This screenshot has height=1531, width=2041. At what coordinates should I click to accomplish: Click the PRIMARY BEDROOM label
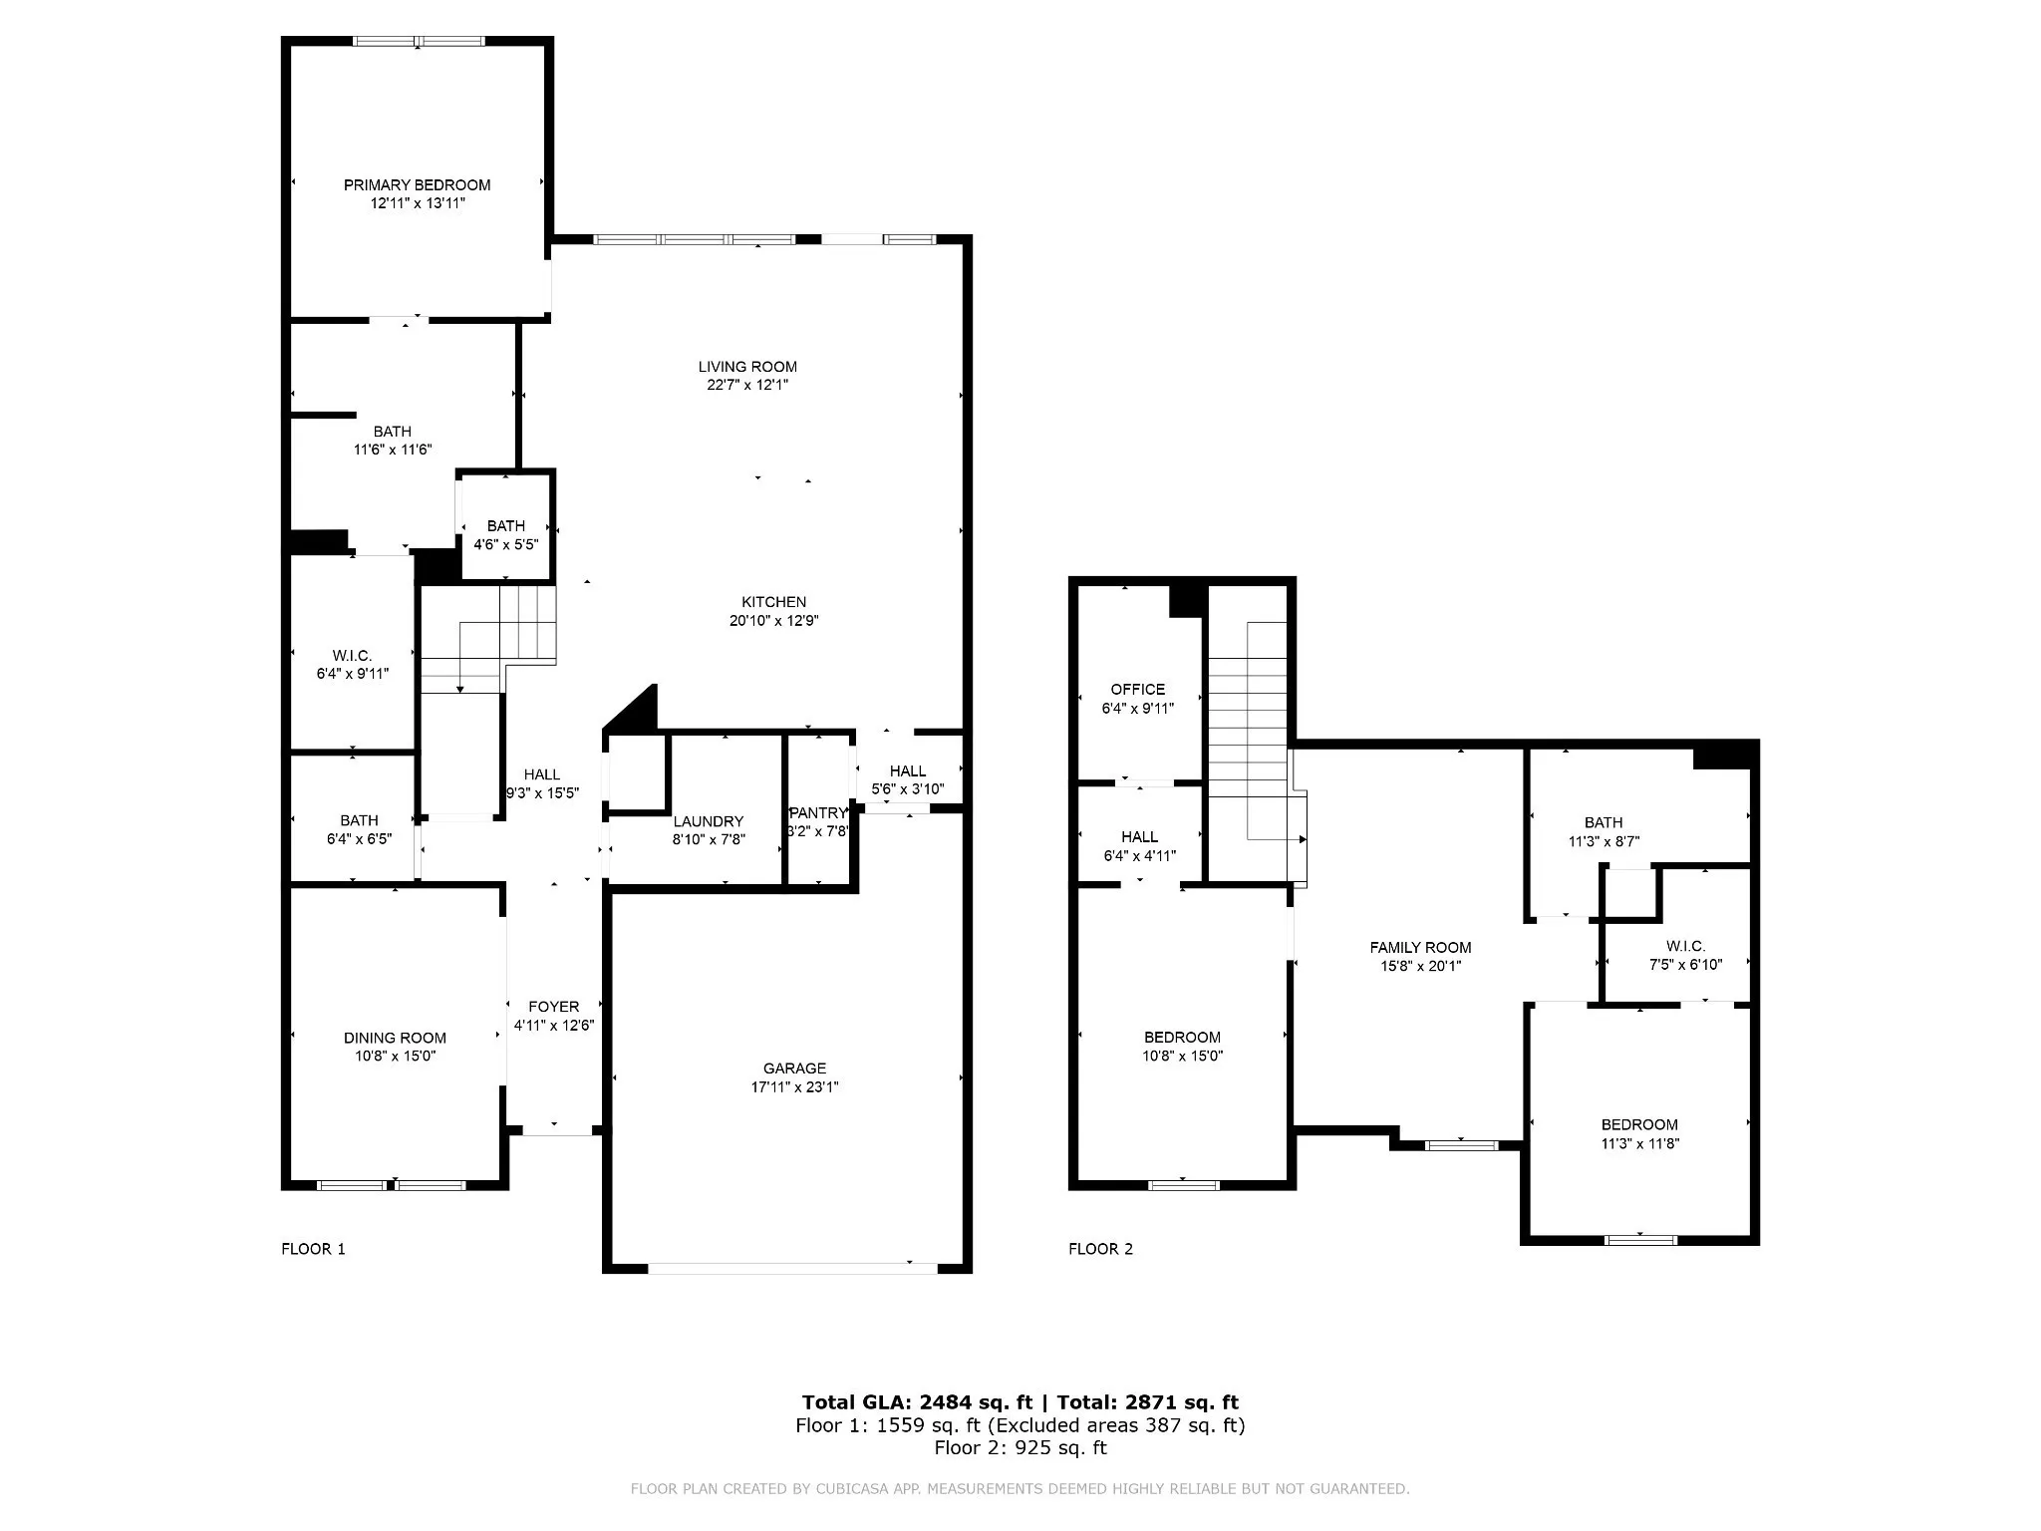(417, 184)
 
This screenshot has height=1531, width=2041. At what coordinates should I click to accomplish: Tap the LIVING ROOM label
(747, 367)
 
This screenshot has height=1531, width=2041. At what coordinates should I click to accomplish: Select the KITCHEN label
(774, 602)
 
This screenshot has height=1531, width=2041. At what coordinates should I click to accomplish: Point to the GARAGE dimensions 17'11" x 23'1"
(795, 1086)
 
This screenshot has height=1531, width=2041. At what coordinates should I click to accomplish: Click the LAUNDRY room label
(709, 821)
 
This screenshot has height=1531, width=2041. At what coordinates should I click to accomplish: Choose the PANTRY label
(818, 813)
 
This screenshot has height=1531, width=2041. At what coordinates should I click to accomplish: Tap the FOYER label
(554, 1007)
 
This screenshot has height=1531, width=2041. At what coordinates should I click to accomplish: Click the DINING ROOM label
(396, 1038)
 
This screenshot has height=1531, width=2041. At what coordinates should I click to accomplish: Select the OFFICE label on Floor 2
(1138, 690)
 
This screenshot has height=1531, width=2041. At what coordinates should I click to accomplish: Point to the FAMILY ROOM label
(1420, 948)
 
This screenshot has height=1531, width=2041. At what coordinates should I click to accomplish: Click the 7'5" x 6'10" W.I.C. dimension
(1686, 964)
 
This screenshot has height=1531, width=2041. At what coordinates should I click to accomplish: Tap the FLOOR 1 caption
(313, 1249)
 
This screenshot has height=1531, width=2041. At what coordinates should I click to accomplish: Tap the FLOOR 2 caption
(1100, 1249)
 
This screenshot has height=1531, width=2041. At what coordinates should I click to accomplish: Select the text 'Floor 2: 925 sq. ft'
(1020, 1447)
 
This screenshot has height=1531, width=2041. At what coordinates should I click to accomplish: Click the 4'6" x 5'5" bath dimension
(506, 544)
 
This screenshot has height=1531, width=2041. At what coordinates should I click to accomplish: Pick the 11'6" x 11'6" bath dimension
(393, 450)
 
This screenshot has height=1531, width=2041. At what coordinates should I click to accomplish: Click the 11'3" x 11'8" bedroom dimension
(1640, 1143)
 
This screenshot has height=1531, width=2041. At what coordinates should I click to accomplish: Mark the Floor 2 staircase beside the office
(1250, 733)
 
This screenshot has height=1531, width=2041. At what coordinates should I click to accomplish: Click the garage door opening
(792, 1268)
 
